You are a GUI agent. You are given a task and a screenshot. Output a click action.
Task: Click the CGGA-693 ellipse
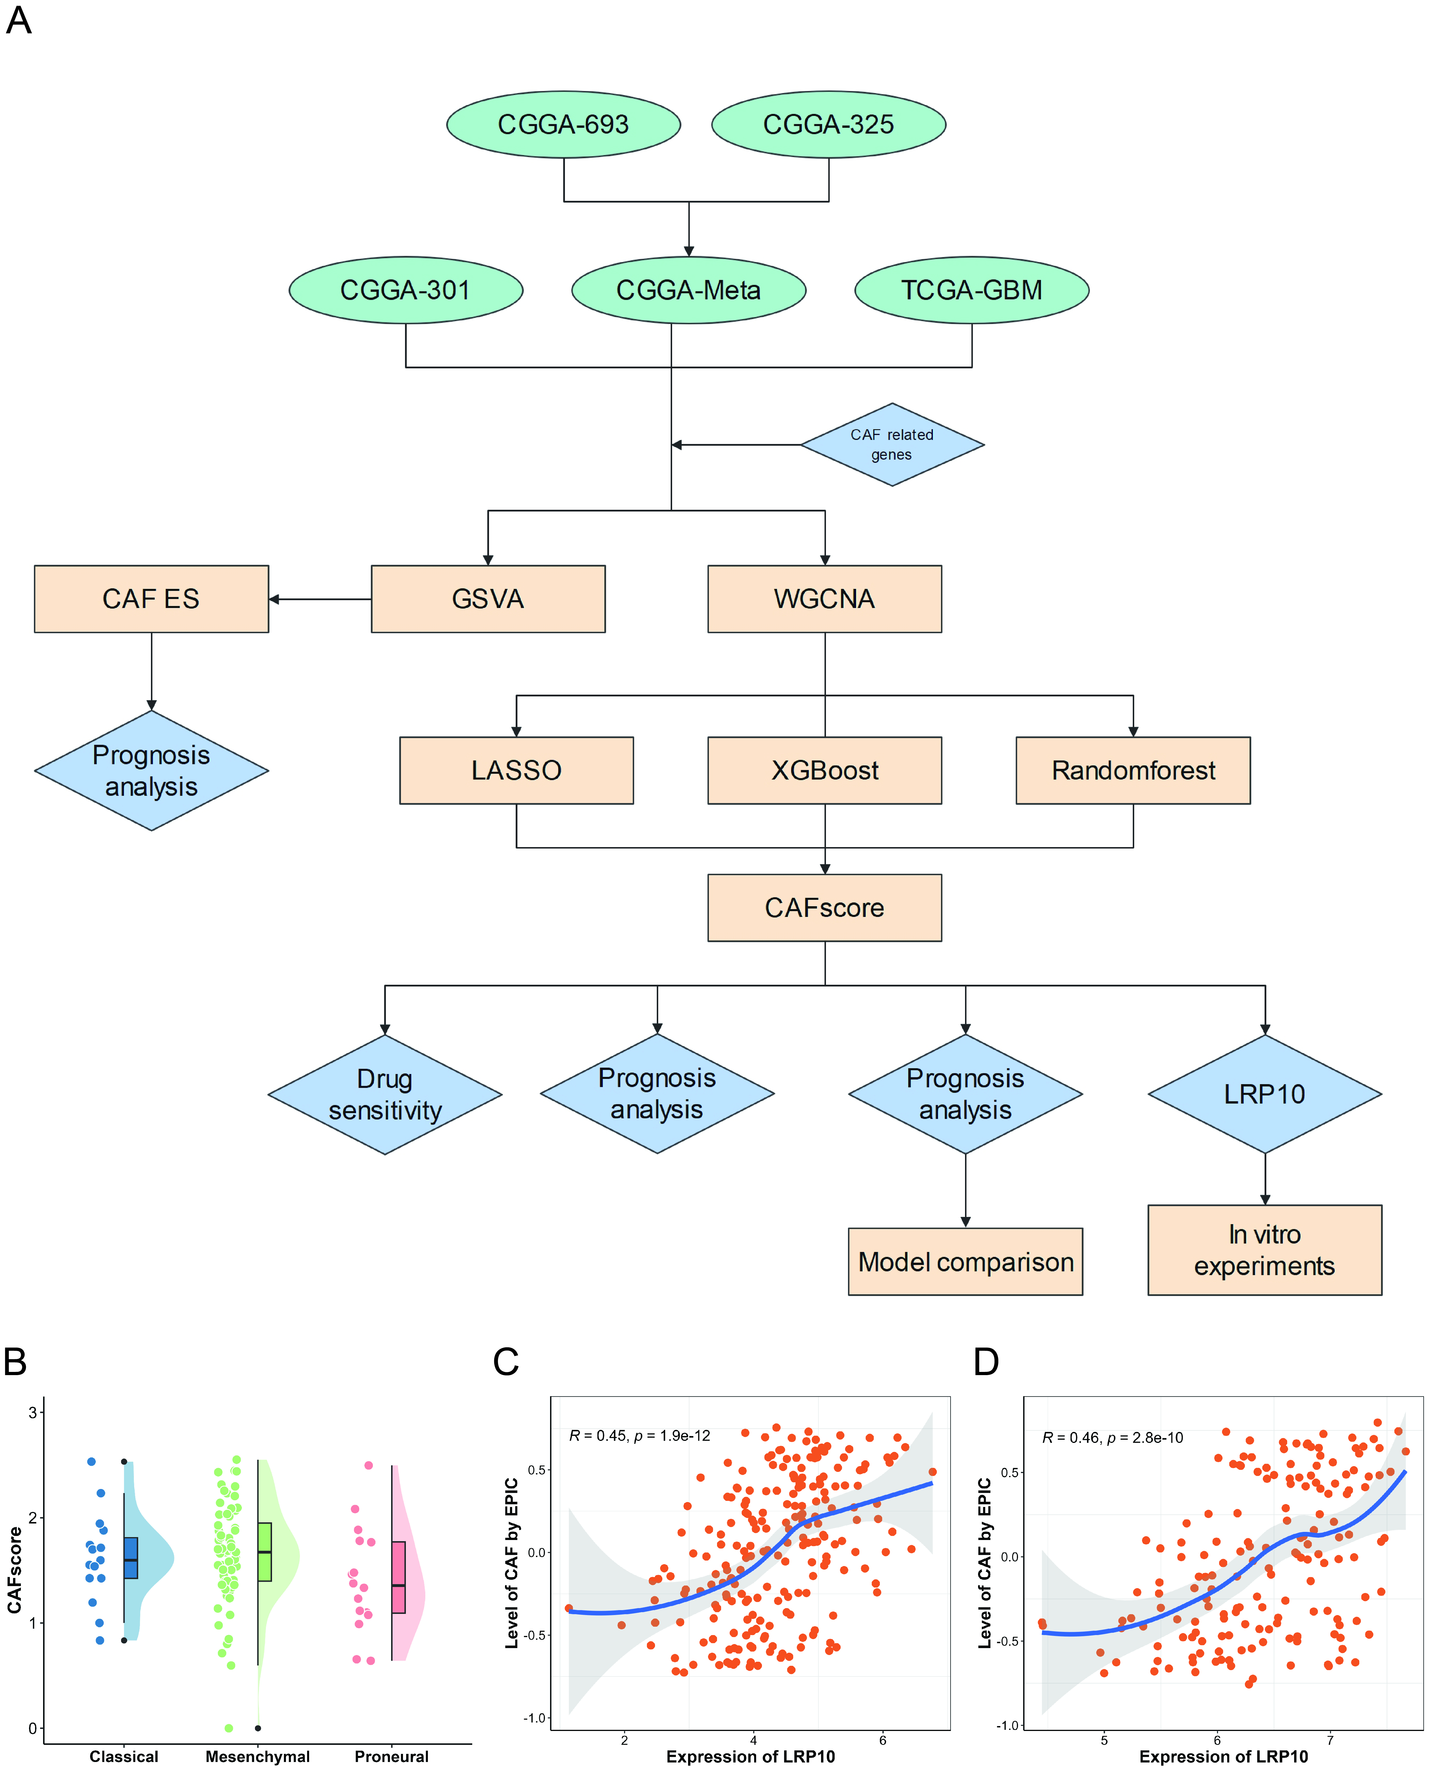pyautogui.click(x=563, y=124)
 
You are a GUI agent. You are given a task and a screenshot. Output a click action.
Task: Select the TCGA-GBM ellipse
pyautogui.click(x=972, y=290)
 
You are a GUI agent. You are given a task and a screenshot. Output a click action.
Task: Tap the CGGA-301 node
pyautogui.click(x=406, y=290)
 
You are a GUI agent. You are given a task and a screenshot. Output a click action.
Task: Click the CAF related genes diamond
pyautogui.click(x=892, y=445)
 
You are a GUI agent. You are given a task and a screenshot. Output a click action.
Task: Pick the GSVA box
pyautogui.click(x=488, y=599)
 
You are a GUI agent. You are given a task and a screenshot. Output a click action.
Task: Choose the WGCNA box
pyautogui.click(x=825, y=599)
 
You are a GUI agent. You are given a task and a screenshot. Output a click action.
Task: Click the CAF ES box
pyautogui.click(x=152, y=599)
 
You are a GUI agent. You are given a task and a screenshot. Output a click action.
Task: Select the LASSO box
pyautogui.click(x=517, y=770)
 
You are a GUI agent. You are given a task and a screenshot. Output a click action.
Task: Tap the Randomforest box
pyautogui.click(x=1133, y=770)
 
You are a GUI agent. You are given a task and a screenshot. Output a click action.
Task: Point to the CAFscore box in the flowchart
pyautogui.click(x=825, y=908)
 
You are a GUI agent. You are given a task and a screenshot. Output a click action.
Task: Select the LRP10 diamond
pyautogui.click(x=1265, y=1094)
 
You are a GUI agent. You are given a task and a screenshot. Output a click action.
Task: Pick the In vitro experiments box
pyautogui.click(x=1265, y=1250)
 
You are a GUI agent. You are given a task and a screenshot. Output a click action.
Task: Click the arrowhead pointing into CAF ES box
pyautogui.click(x=274, y=599)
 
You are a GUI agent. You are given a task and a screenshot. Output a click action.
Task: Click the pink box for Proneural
pyautogui.click(x=399, y=1577)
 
